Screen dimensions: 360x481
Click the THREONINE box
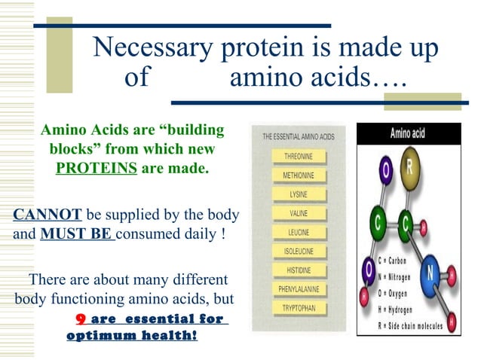click(x=298, y=157)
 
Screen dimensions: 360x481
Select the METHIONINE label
click(x=298, y=175)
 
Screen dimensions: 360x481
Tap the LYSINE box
click(x=298, y=194)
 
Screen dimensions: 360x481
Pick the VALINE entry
click(x=298, y=213)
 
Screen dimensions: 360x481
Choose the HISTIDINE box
click(x=298, y=270)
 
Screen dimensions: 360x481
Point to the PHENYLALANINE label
click(x=298, y=288)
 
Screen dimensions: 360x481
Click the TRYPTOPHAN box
click(x=298, y=308)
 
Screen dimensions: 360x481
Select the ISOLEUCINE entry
click(x=298, y=251)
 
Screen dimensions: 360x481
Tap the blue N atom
click(x=429, y=271)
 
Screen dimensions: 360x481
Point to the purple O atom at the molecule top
click(x=387, y=172)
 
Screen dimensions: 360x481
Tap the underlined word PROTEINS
click(x=97, y=168)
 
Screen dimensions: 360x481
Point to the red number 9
click(x=78, y=319)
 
